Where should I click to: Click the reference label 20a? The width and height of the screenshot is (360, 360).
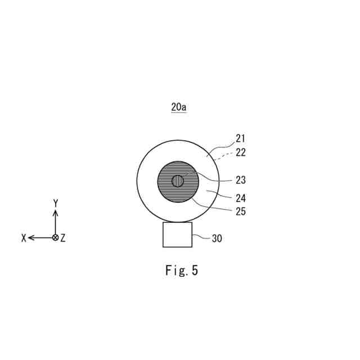178,107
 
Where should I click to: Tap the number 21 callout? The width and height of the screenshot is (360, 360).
240,138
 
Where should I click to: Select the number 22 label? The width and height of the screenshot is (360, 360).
241,152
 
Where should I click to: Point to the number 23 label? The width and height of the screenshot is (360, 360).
241,180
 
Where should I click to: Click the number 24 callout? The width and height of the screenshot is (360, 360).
241,198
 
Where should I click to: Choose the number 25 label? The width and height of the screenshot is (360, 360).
241,211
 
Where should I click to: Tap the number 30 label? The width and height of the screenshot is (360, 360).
217,238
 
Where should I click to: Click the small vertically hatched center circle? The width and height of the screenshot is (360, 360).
178,181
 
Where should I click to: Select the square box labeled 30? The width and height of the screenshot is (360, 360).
178,235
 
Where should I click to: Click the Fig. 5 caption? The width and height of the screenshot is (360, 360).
181,270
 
